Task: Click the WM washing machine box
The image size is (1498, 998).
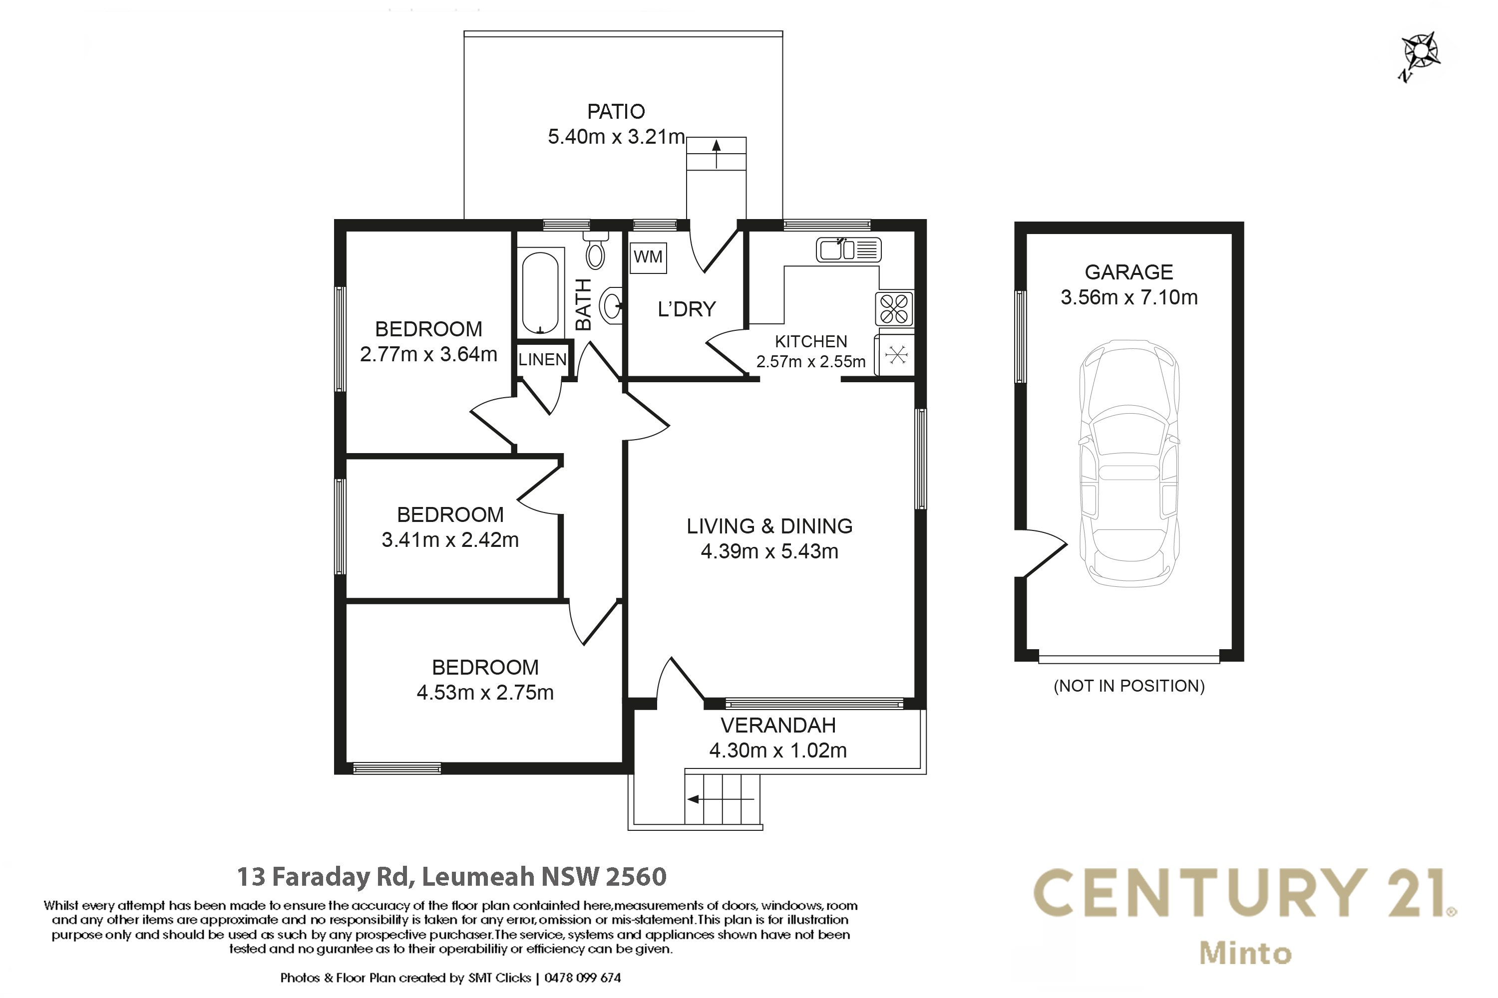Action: pyautogui.click(x=648, y=258)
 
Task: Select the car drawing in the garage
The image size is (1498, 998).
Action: pyautogui.click(x=1128, y=463)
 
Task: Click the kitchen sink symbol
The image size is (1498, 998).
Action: pyautogui.click(x=848, y=249)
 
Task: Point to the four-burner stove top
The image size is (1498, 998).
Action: pyautogui.click(x=894, y=309)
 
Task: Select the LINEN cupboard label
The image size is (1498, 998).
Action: pyautogui.click(x=542, y=360)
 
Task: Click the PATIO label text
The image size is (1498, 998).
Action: pyautogui.click(x=616, y=112)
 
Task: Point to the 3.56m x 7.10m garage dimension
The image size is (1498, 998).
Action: pyautogui.click(x=1128, y=297)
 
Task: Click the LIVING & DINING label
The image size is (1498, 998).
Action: pyautogui.click(x=769, y=526)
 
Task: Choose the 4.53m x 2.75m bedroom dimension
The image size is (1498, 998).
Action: pyautogui.click(x=485, y=693)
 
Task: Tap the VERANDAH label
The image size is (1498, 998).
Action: pyautogui.click(x=777, y=725)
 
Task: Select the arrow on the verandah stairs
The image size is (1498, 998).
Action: pyautogui.click(x=721, y=799)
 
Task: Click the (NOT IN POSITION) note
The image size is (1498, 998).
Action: pyautogui.click(x=1129, y=686)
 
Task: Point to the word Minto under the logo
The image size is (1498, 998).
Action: pyautogui.click(x=1245, y=954)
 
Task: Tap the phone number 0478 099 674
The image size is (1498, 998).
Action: pyautogui.click(x=582, y=978)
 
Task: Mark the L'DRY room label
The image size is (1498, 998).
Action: pyautogui.click(x=687, y=309)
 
